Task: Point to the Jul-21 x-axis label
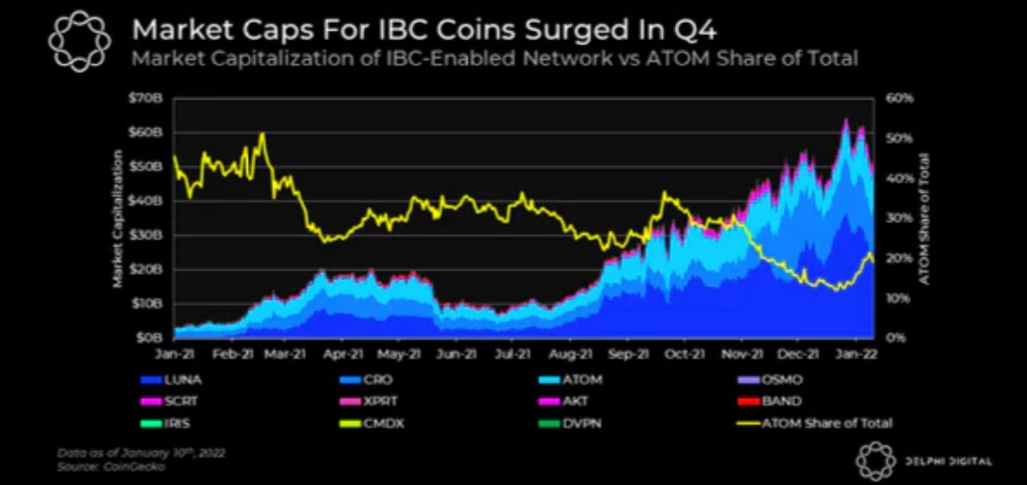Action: (512, 354)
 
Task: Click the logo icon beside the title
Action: (79, 41)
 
